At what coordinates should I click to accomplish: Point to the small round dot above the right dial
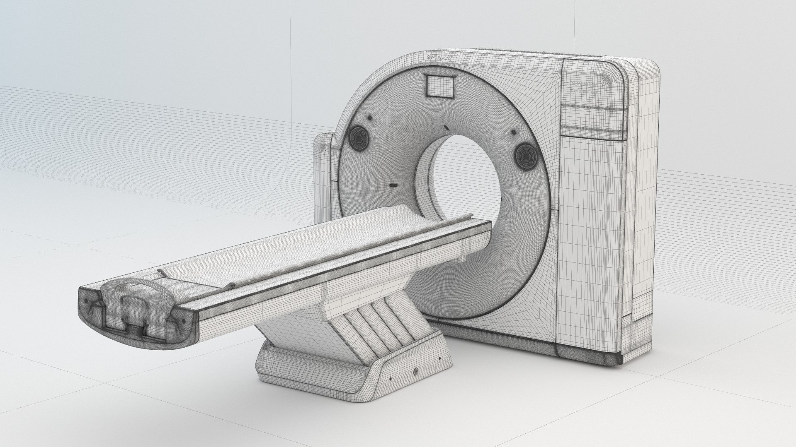coord(514,132)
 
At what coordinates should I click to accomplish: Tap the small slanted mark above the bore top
coord(445,127)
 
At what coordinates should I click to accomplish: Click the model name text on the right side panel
coord(584,86)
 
